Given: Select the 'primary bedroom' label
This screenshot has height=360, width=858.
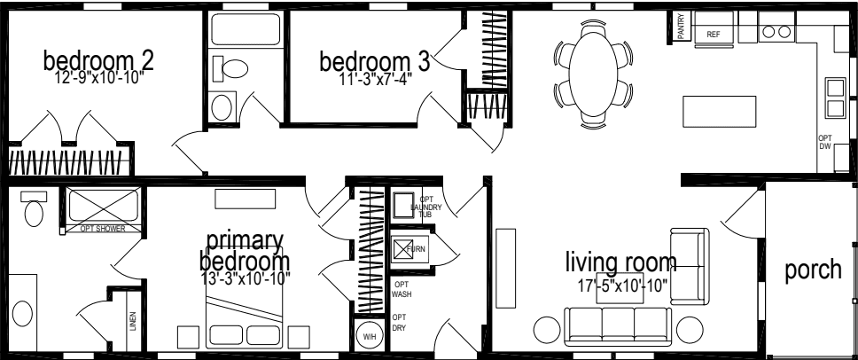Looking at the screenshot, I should click(245, 251).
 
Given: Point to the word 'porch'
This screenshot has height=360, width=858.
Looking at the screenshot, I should click(813, 270).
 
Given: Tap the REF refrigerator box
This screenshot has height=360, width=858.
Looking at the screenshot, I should click(714, 34).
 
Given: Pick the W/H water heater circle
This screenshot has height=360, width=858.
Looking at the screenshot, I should click(369, 336).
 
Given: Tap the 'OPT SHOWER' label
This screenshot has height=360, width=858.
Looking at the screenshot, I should click(103, 229).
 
